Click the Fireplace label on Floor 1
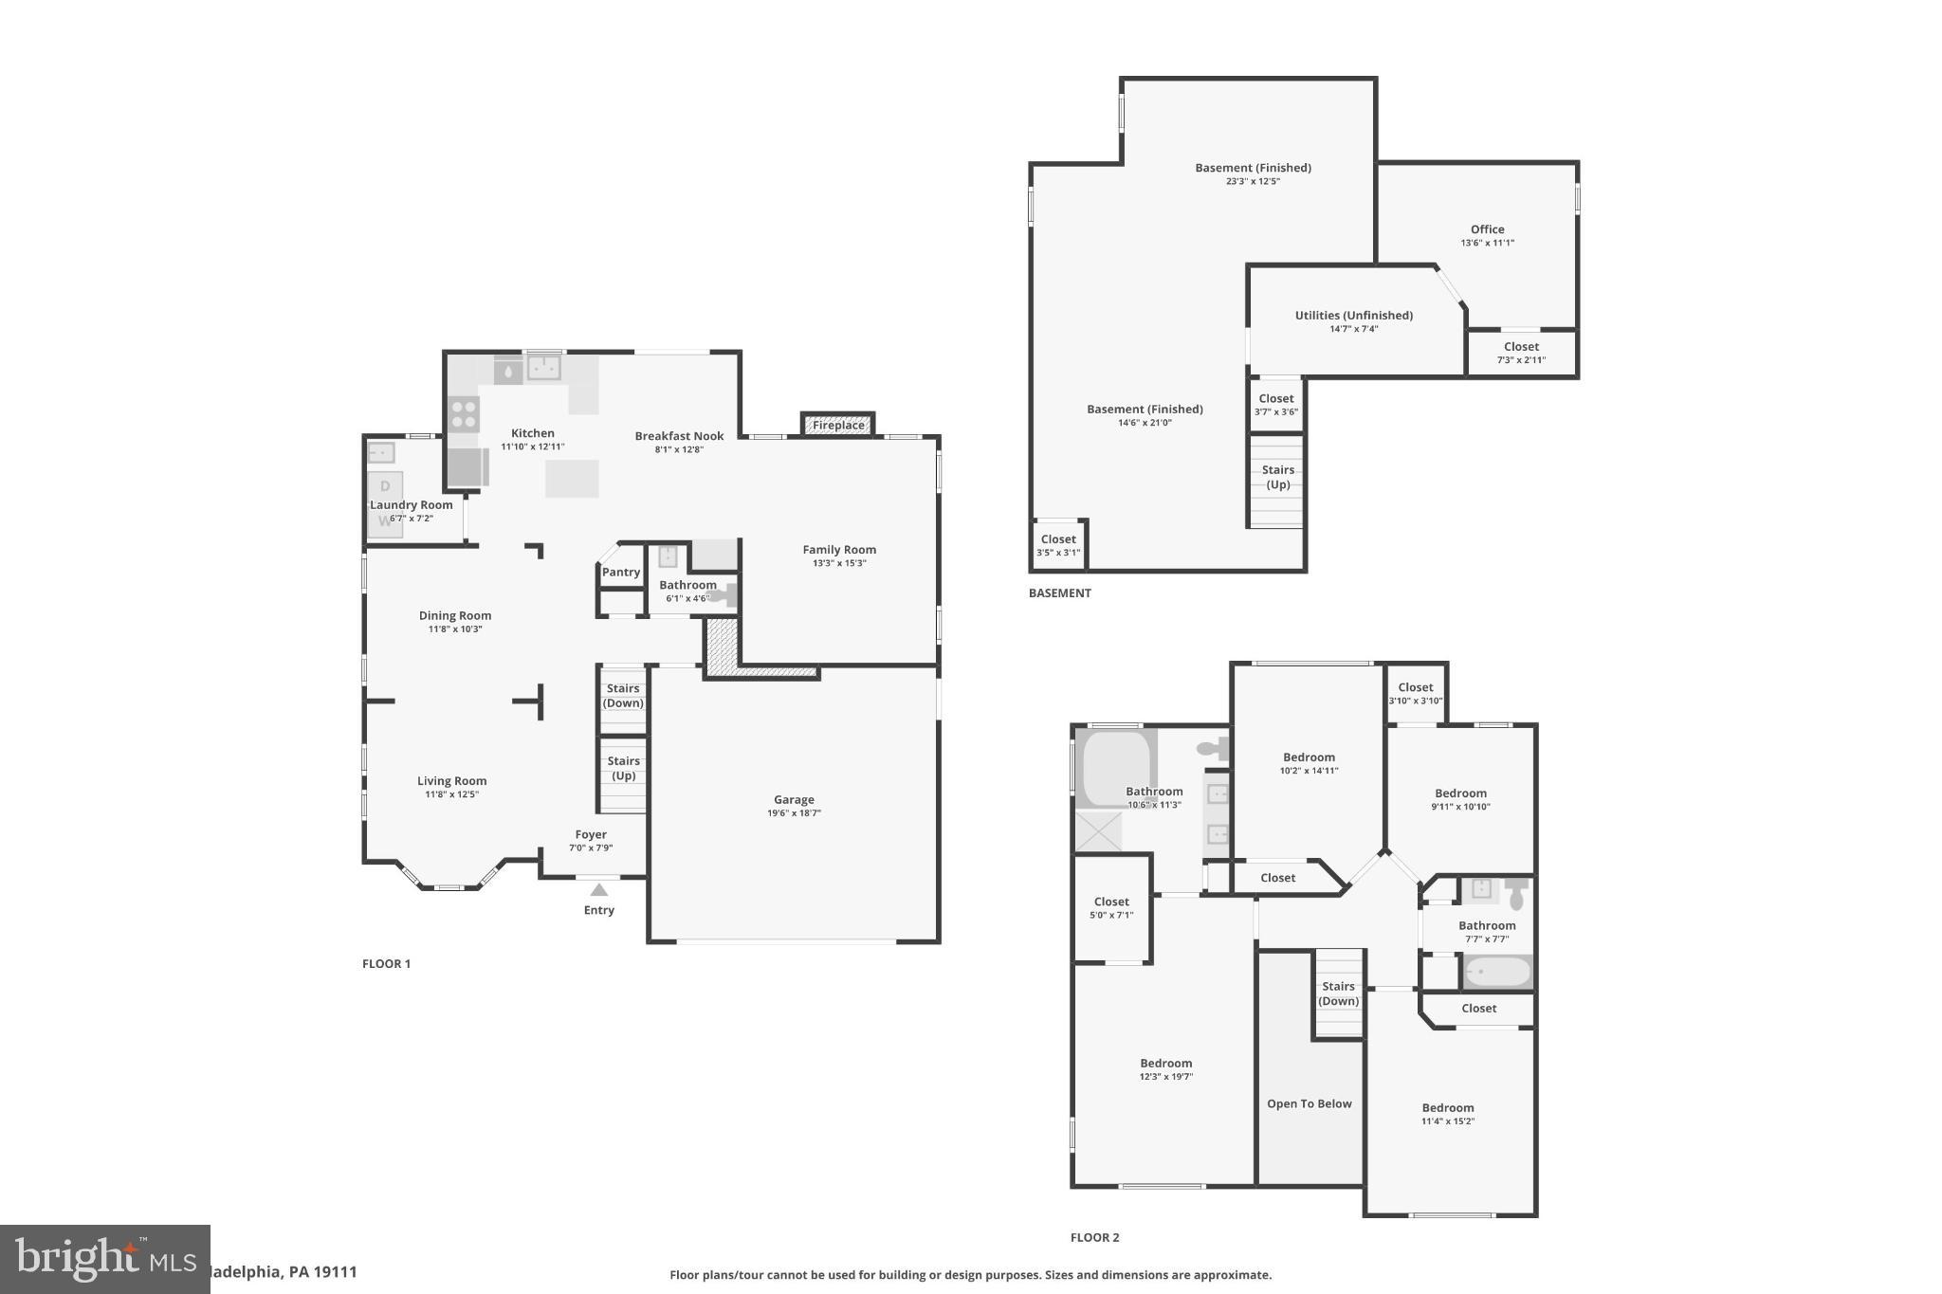coord(838,426)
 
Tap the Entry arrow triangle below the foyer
coord(598,890)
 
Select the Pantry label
coord(621,572)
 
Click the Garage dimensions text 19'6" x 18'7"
coord(794,813)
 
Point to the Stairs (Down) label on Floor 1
coord(623,696)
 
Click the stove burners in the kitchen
coord(464,414)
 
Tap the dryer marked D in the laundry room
coord(385,486)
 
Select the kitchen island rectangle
coord(572,478)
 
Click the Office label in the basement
coord(1487,229)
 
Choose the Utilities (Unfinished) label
coord(1353,316)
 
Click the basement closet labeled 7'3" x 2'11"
coord(1521,353)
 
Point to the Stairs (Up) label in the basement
coord(1277,477)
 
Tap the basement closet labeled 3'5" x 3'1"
coord(1058,545)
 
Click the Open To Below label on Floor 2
coord(1309,1103)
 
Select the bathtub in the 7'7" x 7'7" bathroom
coord(1496,972)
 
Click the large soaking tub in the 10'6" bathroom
coord(1115,766)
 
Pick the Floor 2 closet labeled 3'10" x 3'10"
coord(1415,694)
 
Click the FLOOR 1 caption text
coord(386,964)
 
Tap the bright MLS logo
coord(104,1259)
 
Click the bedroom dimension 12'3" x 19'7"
coord(1165,1077)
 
